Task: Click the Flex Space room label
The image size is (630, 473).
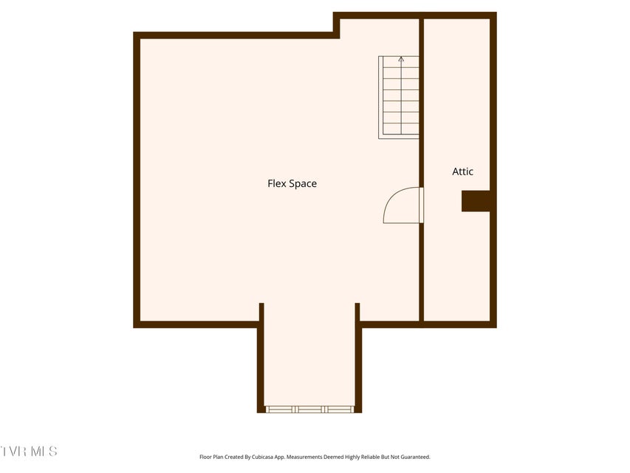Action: [x=292, y=184]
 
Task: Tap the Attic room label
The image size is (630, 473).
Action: [x=462, y=171]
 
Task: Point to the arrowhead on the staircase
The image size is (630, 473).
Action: [x=401, y=59]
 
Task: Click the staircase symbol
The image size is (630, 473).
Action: [x=399, y=98]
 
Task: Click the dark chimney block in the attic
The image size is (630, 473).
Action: [x=476, y=201]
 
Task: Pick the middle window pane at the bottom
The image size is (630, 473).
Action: [x=309, y=409]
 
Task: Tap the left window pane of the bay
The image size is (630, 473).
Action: [x=281, y=409]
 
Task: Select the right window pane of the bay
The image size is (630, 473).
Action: [x=339, y=409]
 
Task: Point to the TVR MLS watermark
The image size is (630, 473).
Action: [x=29, y=452]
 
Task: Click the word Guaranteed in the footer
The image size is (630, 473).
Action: [x=417, y=457]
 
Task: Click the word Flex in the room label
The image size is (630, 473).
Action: [x=277, y=183]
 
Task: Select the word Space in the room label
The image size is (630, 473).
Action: [x=304, y=184]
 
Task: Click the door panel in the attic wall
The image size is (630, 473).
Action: [x=422, y=205]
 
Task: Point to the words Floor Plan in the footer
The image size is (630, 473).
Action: [x=211, y=457]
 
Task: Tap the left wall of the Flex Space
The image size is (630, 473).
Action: [x=137, y=180]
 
